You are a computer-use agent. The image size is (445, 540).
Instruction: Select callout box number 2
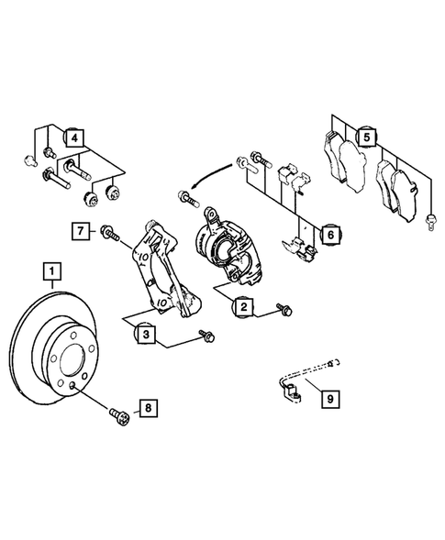243,307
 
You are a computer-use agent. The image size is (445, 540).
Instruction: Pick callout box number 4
74,139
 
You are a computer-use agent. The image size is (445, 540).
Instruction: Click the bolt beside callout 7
109,233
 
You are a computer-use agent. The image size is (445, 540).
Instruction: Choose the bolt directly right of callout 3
206,338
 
